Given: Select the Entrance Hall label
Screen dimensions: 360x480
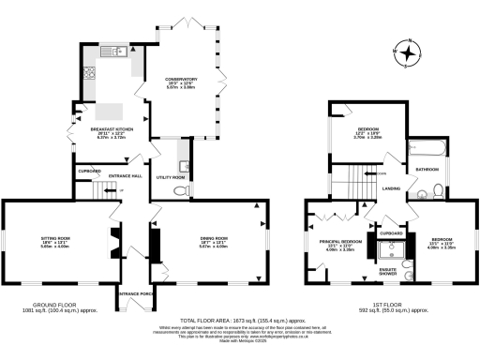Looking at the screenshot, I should pyautogui.click(x=124, y=175).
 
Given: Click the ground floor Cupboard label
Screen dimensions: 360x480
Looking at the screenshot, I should pyautogui.click(x=90, y=172).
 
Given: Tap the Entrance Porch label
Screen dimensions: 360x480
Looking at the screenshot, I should pyautogui.click(x=135, y=293).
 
